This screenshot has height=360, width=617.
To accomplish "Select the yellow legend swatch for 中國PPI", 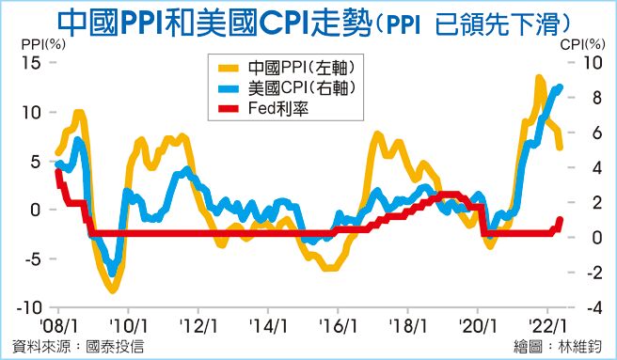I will pos(228,69).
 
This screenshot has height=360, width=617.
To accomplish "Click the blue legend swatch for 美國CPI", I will pos(228,88).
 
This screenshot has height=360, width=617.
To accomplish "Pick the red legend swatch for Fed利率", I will pos(228,108).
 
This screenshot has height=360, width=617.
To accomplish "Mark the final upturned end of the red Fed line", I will pos(561,220).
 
